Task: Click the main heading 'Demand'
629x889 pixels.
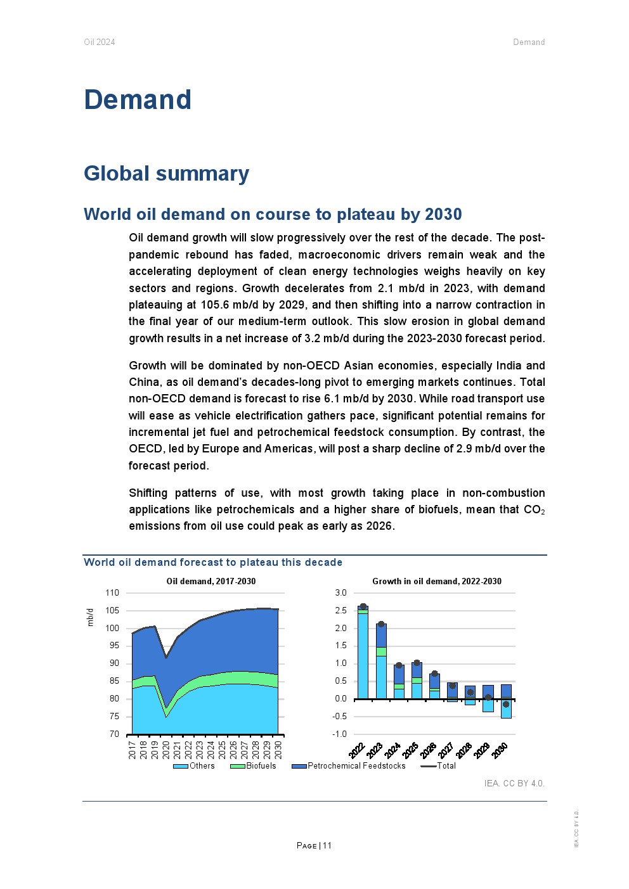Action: (x=138, y=100)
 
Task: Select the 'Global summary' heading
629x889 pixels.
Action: (x=167, y=174)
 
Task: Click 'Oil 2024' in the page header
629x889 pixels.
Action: (x=100, y=42)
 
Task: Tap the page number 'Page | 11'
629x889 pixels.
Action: (x=314, y=845)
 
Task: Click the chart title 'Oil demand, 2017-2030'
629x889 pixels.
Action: (x=211, y=581)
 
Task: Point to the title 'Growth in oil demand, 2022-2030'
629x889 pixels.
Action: (x=437, y=581)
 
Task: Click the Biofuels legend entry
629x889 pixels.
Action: (x=261, y=766)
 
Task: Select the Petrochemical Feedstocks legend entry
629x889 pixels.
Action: (x=356, y=766)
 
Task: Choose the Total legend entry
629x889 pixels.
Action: (x=446, y=766)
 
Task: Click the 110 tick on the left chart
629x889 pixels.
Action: (x=112, y=593)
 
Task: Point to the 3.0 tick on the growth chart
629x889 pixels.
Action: (x=341, y=593)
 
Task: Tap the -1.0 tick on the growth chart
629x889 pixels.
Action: (x=340, y=734)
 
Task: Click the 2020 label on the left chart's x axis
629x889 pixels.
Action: (x=166, y=750)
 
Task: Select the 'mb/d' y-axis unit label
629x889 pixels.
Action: (x=90, y=617)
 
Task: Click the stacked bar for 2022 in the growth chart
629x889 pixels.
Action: (x=363, y=653)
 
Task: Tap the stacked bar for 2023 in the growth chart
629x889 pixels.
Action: (x=381, y=662)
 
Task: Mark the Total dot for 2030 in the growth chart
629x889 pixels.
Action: (x=506, y=704)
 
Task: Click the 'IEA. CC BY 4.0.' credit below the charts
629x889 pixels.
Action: (x=514, y=784)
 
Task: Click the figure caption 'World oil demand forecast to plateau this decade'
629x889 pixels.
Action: (x=213, y=563)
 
